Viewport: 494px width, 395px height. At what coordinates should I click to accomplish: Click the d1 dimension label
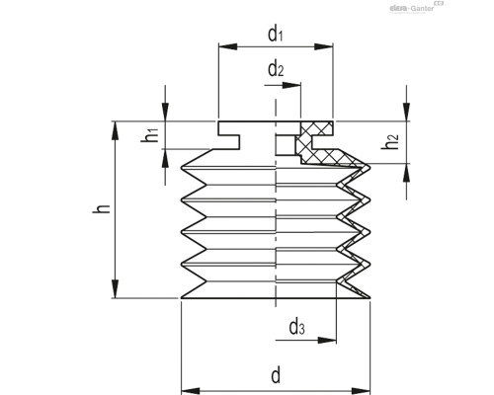(x=275, y=33)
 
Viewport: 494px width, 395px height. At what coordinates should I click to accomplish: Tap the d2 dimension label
(x=276, y=70)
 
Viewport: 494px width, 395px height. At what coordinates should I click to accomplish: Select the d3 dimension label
(x=297, y=327)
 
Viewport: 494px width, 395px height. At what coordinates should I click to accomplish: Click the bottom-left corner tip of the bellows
(x=181, y=298)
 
